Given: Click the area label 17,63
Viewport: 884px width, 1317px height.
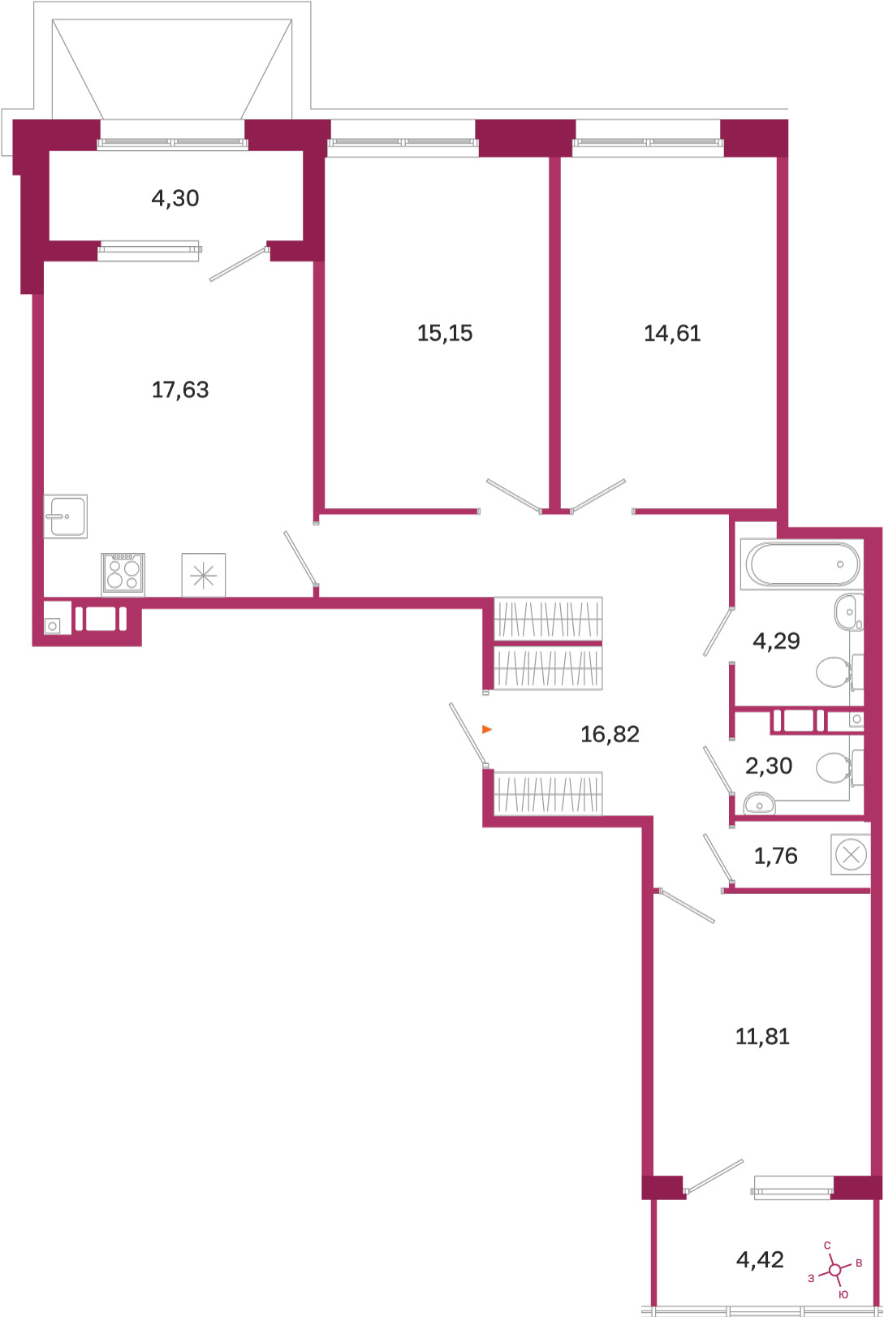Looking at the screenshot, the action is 180,390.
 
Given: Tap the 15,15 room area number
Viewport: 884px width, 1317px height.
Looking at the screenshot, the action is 444,334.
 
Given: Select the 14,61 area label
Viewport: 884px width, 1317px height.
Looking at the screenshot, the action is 672,334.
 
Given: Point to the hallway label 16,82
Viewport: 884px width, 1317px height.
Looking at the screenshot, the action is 610,734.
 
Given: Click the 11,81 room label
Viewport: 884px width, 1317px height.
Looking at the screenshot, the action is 762,1036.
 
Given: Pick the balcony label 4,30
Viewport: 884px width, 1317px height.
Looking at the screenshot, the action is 175,198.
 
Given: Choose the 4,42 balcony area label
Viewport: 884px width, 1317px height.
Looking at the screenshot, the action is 759,1259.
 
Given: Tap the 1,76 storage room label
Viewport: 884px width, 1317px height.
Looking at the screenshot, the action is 775,856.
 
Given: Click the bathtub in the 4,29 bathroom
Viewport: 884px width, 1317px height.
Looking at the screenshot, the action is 802,564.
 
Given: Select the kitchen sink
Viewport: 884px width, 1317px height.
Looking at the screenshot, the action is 66,516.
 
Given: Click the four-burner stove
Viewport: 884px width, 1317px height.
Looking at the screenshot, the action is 123,574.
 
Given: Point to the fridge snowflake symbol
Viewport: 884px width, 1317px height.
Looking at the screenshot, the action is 204,575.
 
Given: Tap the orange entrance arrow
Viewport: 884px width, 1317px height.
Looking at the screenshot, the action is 487,730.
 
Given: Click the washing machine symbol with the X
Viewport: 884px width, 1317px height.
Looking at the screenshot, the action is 851,854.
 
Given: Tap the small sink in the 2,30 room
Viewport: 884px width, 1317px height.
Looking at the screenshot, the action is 759,803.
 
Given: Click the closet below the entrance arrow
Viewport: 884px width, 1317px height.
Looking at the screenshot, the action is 548,794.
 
